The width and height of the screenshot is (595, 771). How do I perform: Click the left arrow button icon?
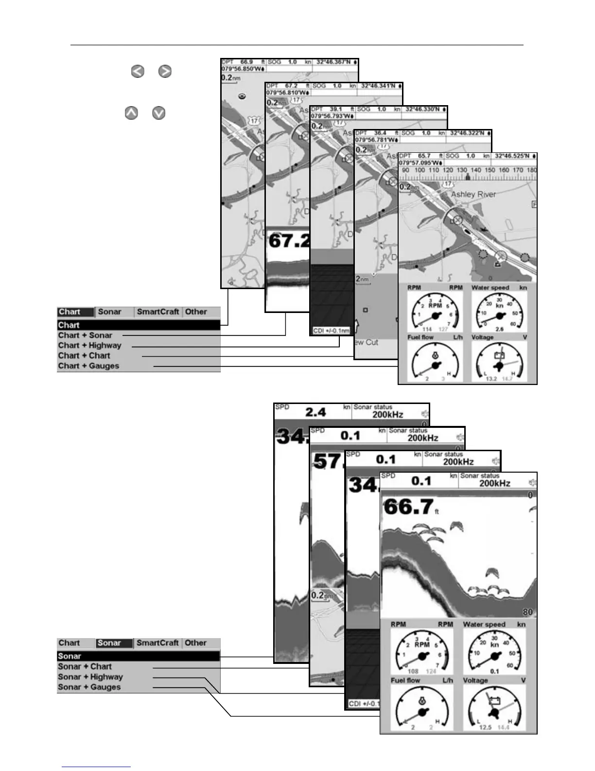[x=138, y=72]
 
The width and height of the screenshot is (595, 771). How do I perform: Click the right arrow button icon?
[x=165, y=72]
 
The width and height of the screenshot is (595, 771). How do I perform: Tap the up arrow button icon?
[x=131, y=113]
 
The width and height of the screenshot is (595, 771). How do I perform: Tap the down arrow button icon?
[x=159, y=113]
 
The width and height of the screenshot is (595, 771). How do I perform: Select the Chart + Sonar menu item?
[x=85, y=335]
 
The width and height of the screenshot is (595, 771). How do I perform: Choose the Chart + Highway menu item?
[x=89, y=346]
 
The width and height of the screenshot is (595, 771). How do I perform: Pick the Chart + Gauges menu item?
[x=88, y=366]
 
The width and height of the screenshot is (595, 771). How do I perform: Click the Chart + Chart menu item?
[x=84, y=356]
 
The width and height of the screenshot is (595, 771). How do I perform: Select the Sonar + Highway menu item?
[x=90, y=677]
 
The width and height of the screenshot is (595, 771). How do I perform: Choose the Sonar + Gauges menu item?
[x=89, y=687]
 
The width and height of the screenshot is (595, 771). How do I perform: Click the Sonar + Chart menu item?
[x=85, y=667]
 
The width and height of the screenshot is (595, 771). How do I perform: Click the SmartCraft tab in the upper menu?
[x=158, y=312]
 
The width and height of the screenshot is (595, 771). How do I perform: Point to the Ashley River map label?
[x=473, y=194]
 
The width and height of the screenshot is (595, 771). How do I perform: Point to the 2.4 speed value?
[x=315, y=412]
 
